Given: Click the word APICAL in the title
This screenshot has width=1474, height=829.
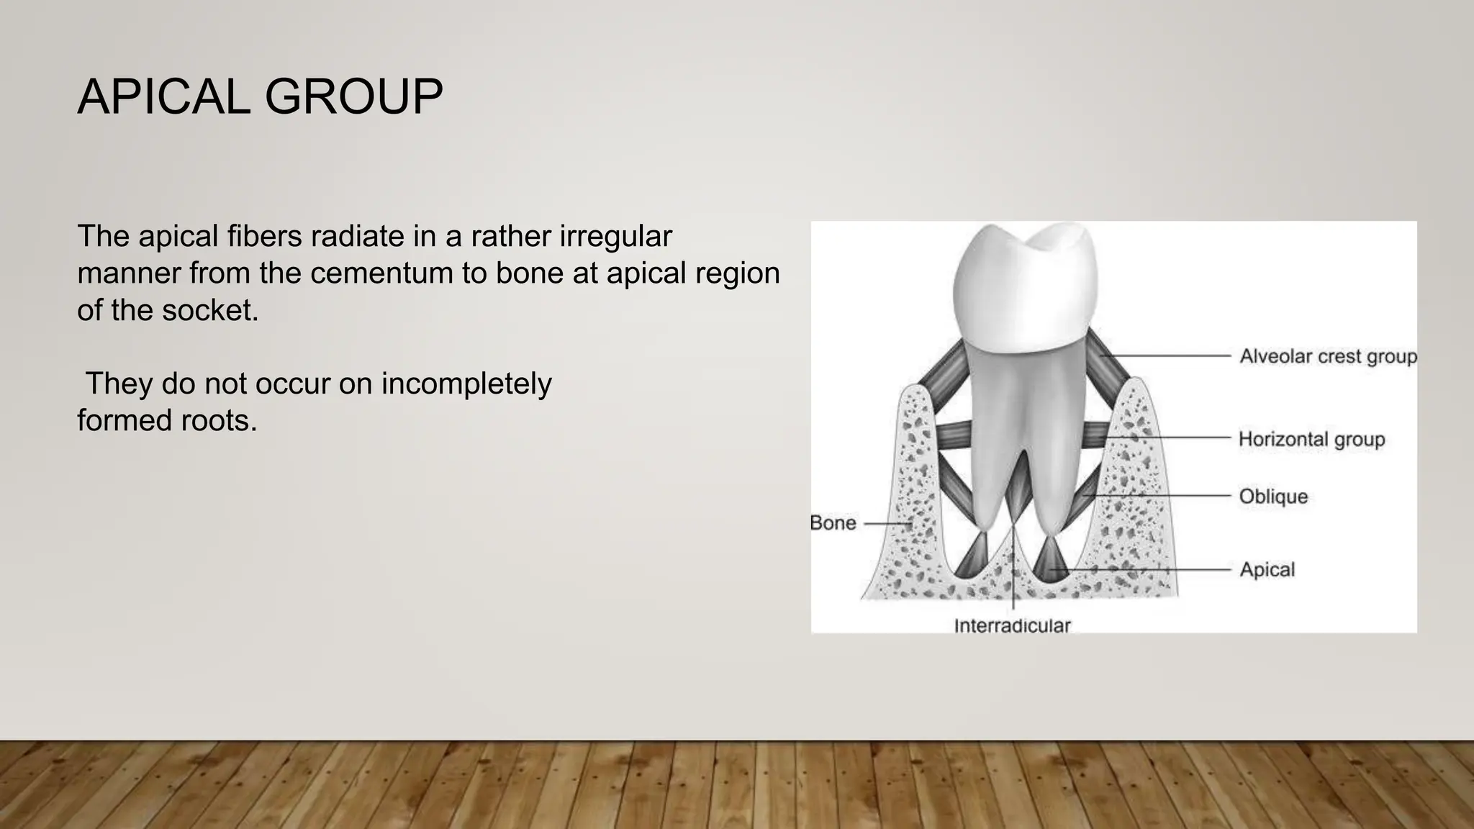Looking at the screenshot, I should point(163,96).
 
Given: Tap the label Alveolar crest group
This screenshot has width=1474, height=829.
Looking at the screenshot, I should point(1327,356).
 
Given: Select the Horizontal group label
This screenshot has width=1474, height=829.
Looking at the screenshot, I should point(1311,439).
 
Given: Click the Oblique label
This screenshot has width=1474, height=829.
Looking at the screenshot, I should point(1272,497).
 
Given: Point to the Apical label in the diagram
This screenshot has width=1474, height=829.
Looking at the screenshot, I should point(1267,569).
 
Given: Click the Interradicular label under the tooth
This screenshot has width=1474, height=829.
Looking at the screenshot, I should point(1012,625).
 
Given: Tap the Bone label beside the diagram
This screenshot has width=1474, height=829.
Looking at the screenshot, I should point(833,522).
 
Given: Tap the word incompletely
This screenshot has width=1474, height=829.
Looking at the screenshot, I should point(466,384).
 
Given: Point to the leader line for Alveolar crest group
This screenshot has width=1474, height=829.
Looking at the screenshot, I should point(1166,355).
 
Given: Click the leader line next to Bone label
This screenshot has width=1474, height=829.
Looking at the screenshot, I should point(887,524).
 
